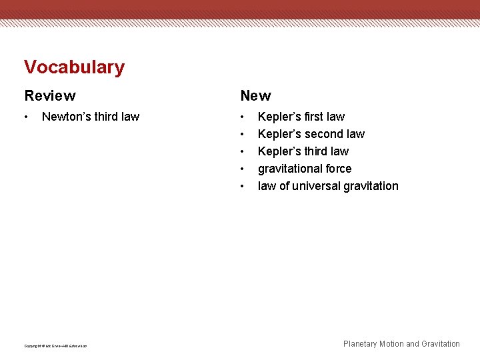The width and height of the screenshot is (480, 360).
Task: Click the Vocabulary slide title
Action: coord(74,67)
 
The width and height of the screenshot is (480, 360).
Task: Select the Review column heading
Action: coord(50,96)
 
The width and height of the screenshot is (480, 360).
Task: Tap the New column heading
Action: coord(255,96)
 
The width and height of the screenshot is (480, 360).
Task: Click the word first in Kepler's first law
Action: coord(313,117)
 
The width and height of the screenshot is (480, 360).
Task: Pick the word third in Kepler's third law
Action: coord(314,151)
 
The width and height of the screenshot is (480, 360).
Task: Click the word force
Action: coord(337,169)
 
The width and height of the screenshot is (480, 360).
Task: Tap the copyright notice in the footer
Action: coord(55,345)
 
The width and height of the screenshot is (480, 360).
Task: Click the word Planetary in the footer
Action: coord(360,344)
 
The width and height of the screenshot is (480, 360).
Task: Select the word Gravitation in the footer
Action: coord(441,344)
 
